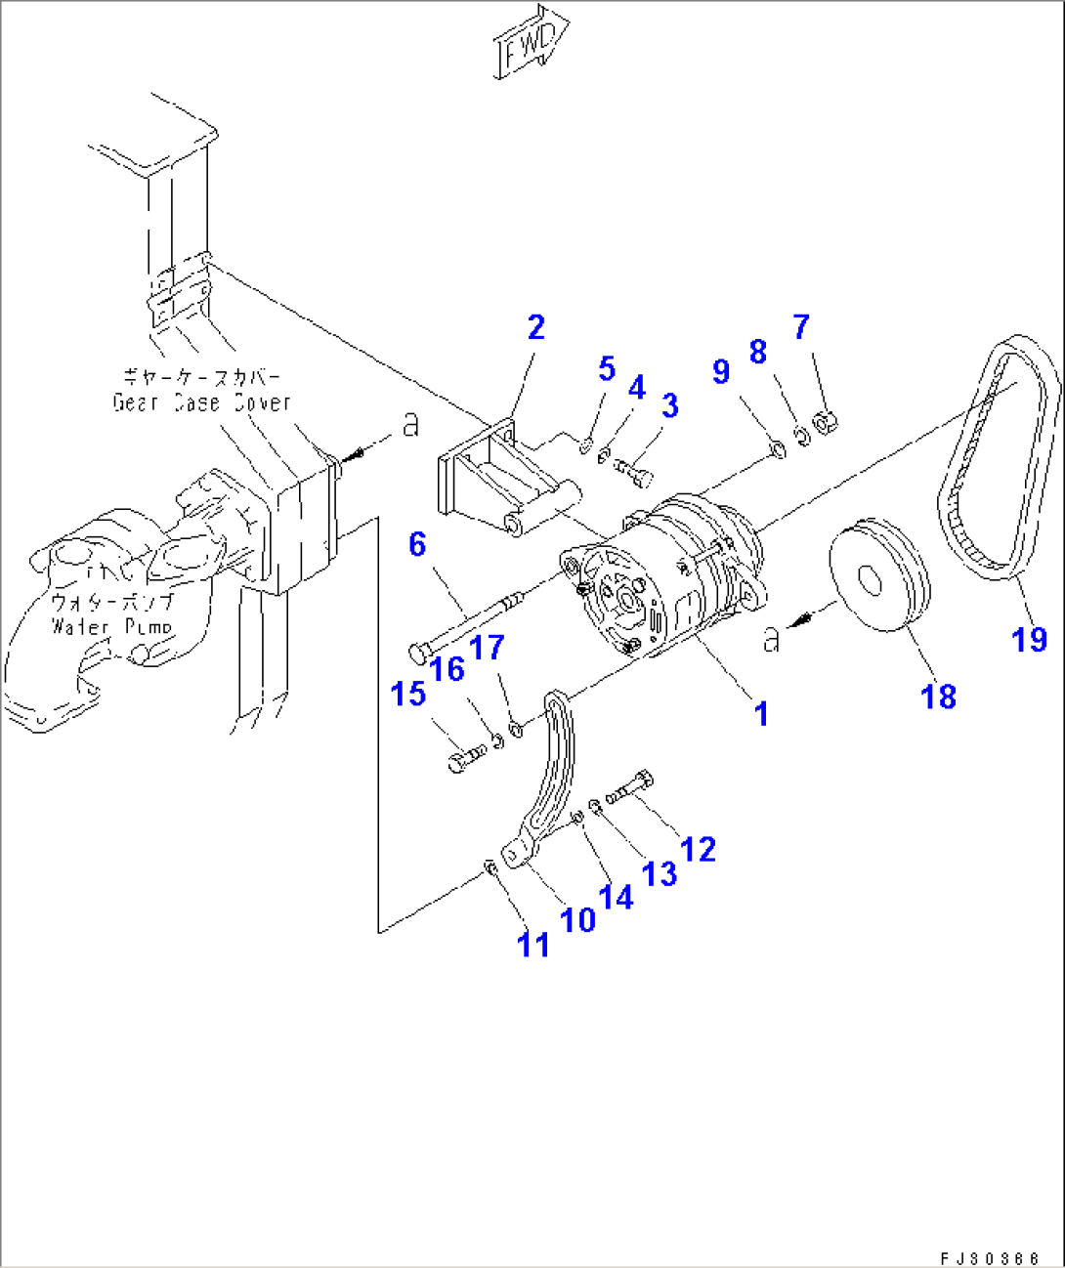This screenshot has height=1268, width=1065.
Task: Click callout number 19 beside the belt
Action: tap(1029, 640)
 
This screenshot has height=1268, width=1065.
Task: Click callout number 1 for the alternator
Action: tap(761, 714)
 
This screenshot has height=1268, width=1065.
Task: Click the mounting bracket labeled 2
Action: tap(489, 479)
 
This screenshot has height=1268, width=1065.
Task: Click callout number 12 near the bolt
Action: tap(698, 849)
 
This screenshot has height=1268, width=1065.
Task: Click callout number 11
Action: tap(532, 945)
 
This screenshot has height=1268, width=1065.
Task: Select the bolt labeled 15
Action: tap(466, 757)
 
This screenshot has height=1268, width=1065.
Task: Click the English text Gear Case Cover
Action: tap(201, 402)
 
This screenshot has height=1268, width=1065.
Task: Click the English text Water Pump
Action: tap(111, 626)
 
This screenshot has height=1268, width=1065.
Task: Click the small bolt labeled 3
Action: tap(636, 474)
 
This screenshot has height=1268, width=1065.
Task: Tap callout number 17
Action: tap(487, 649)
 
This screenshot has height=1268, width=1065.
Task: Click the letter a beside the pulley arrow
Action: tap(772, 640)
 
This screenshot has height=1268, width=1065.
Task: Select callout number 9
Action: tap(721, 371)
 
